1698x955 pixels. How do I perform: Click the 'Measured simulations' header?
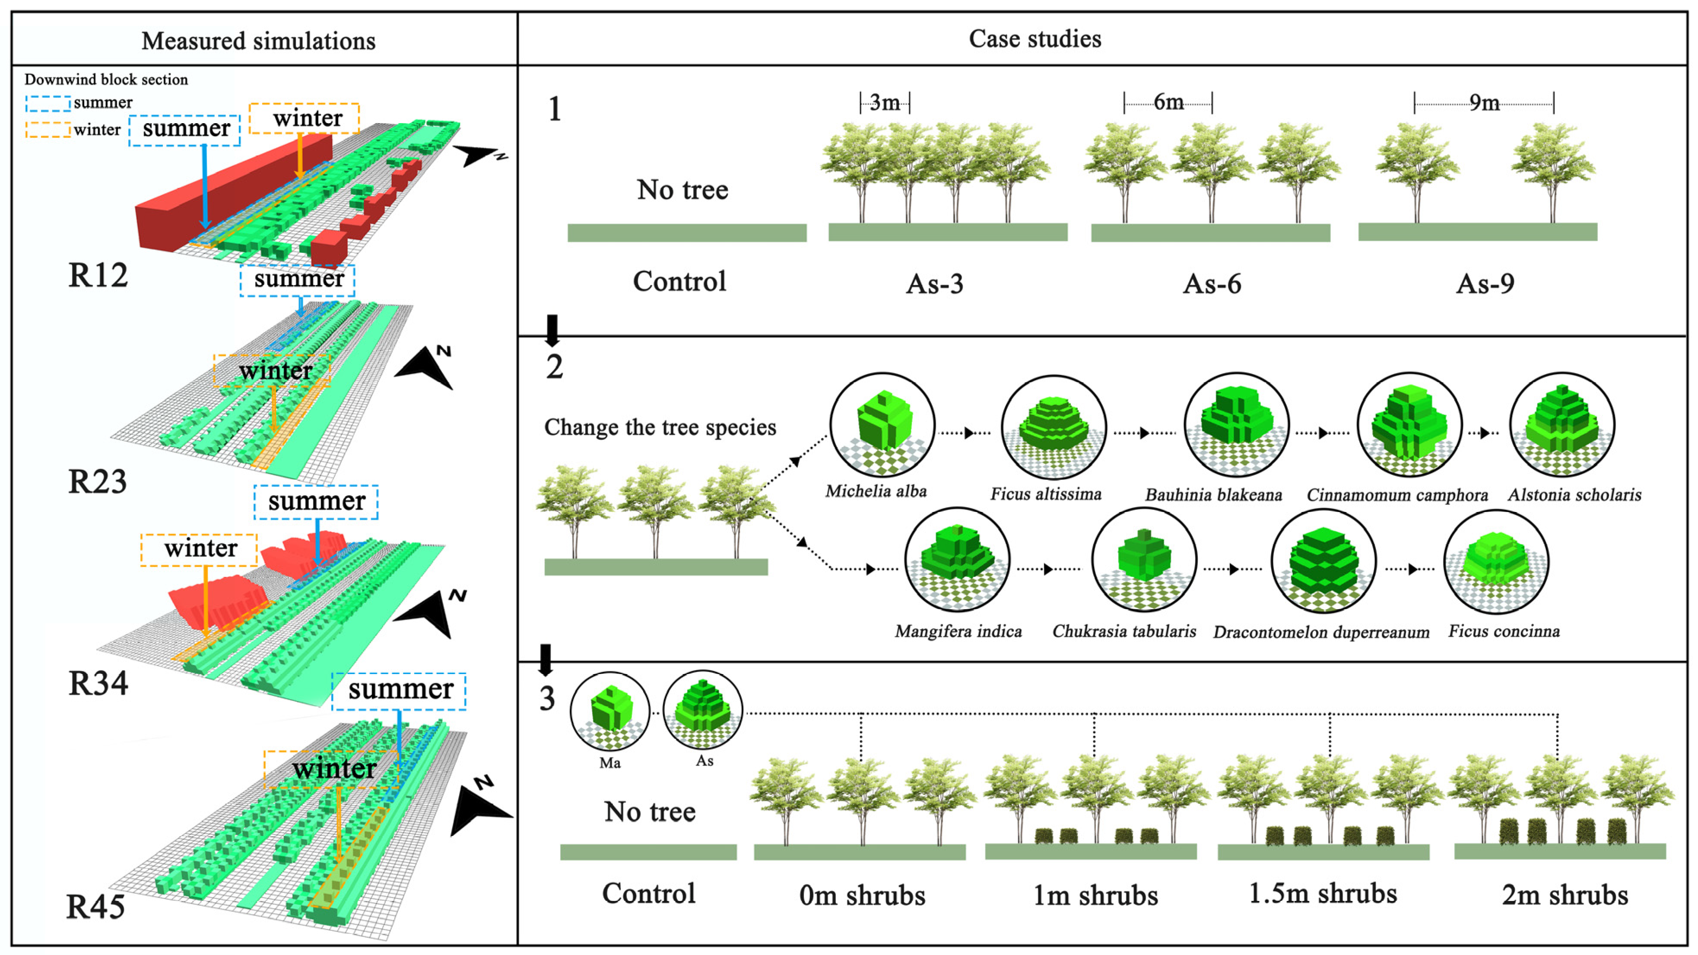click(x=258, y=41)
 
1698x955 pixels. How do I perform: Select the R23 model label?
click(x=98, y=482)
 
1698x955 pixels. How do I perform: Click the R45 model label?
click(x=96, y=907)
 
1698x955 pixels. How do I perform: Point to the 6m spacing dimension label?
click(x=1168, y=102)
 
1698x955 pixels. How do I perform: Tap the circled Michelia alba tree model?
click(x=882, y=425)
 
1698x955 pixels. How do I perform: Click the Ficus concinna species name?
click(x=1504, y=632)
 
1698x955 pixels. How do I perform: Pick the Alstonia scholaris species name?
click(x=1574, y=495)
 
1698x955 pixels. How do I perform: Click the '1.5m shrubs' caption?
click(x=1323, y=894)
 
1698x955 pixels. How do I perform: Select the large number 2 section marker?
click(x=554, y=367)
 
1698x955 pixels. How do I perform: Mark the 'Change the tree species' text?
click(x=660, y=427)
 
